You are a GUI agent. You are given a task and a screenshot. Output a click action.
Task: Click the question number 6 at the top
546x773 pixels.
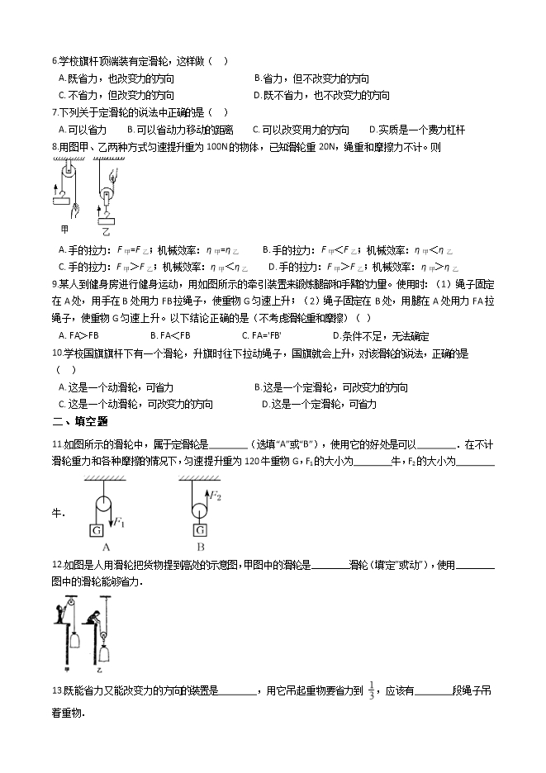coord(54,61)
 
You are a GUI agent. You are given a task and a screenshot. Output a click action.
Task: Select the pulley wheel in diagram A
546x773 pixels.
coord(102,504)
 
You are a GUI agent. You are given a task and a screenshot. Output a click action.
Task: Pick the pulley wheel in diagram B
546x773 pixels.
coord(198,510)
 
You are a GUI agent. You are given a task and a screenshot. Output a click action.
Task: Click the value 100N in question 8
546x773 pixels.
coord(216,148)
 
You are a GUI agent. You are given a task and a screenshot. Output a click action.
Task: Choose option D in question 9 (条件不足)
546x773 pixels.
coord(380,336)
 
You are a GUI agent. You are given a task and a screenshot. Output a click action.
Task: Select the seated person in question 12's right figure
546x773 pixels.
coord(97,616)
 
